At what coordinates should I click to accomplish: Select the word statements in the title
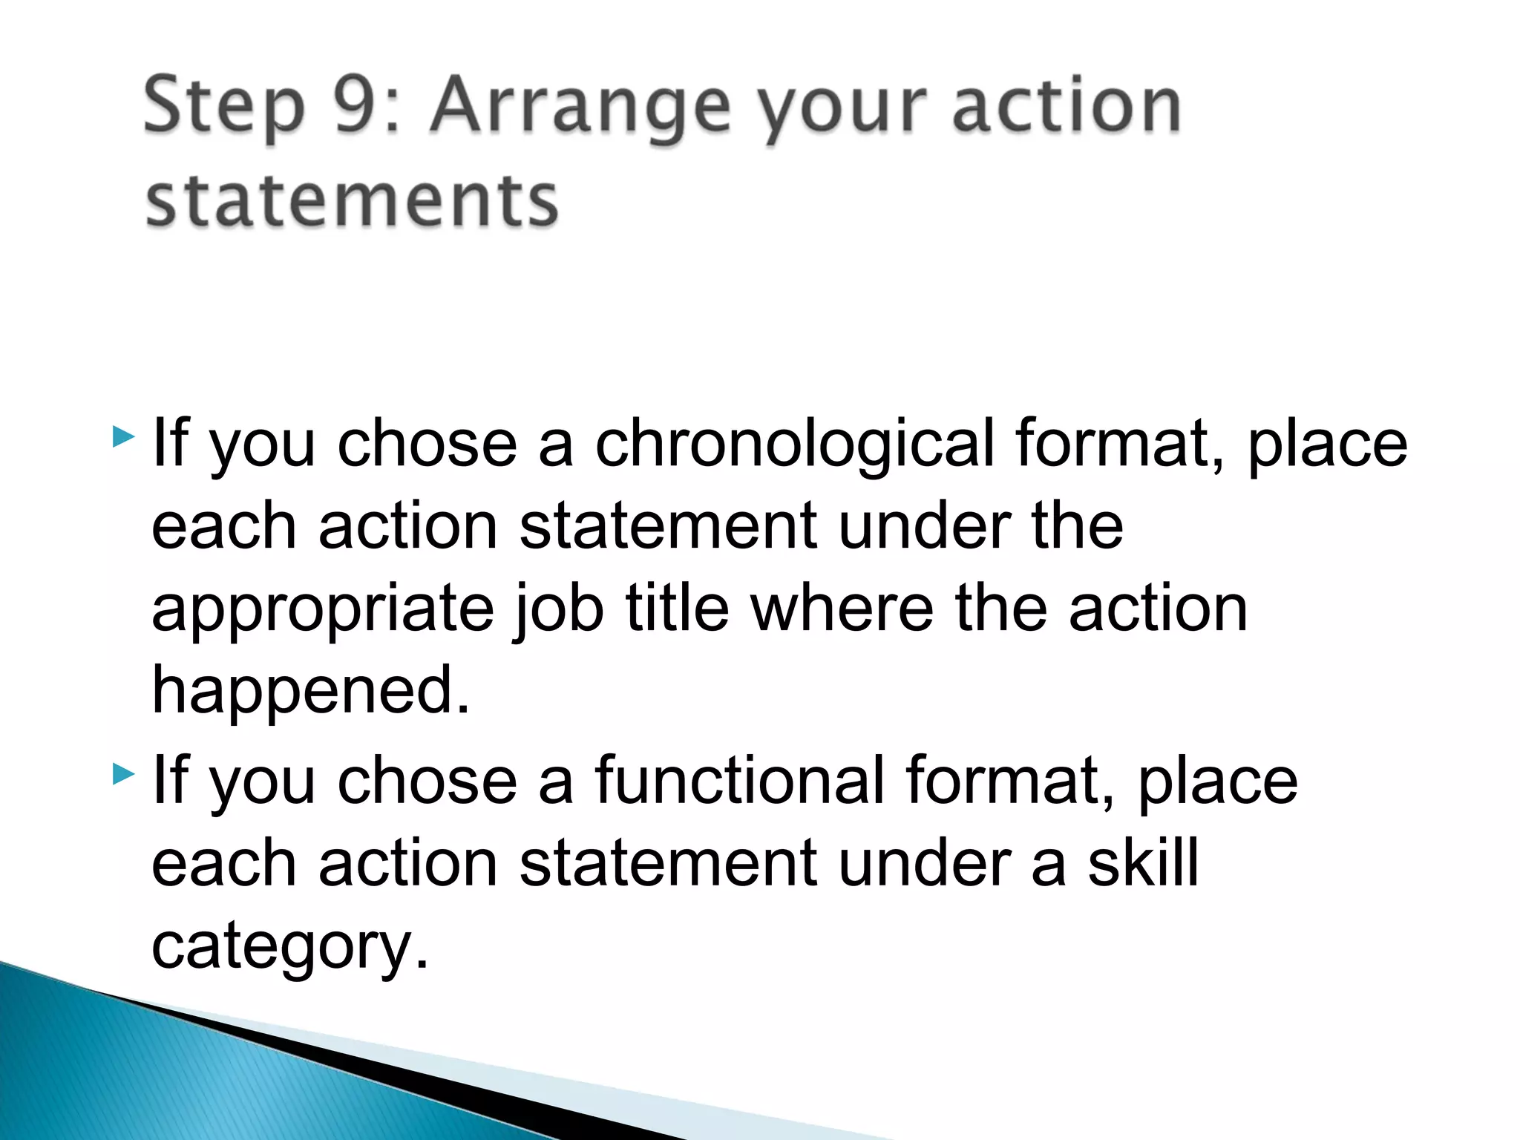(351, 200)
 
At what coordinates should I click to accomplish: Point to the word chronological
(794, 444)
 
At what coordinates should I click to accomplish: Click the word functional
(739, 781)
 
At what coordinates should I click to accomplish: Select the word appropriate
(322, 609)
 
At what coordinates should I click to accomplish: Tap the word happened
(310, 690)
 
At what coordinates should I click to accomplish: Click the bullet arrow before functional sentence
(123, 775)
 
